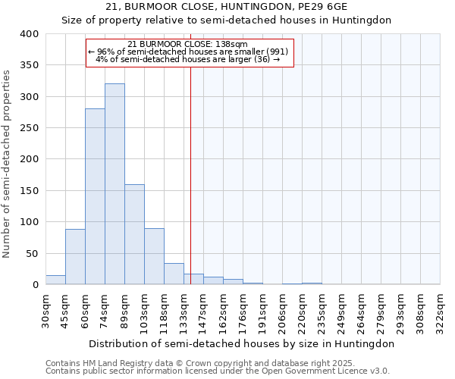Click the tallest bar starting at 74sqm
115,184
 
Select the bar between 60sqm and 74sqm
95,196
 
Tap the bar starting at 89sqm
134,234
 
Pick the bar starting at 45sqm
75,256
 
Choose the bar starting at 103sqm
154,256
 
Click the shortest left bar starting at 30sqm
55,280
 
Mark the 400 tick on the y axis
29,34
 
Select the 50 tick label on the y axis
32,253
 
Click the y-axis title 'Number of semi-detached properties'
8,163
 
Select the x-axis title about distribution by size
242,343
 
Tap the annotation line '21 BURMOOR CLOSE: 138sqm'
188,45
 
